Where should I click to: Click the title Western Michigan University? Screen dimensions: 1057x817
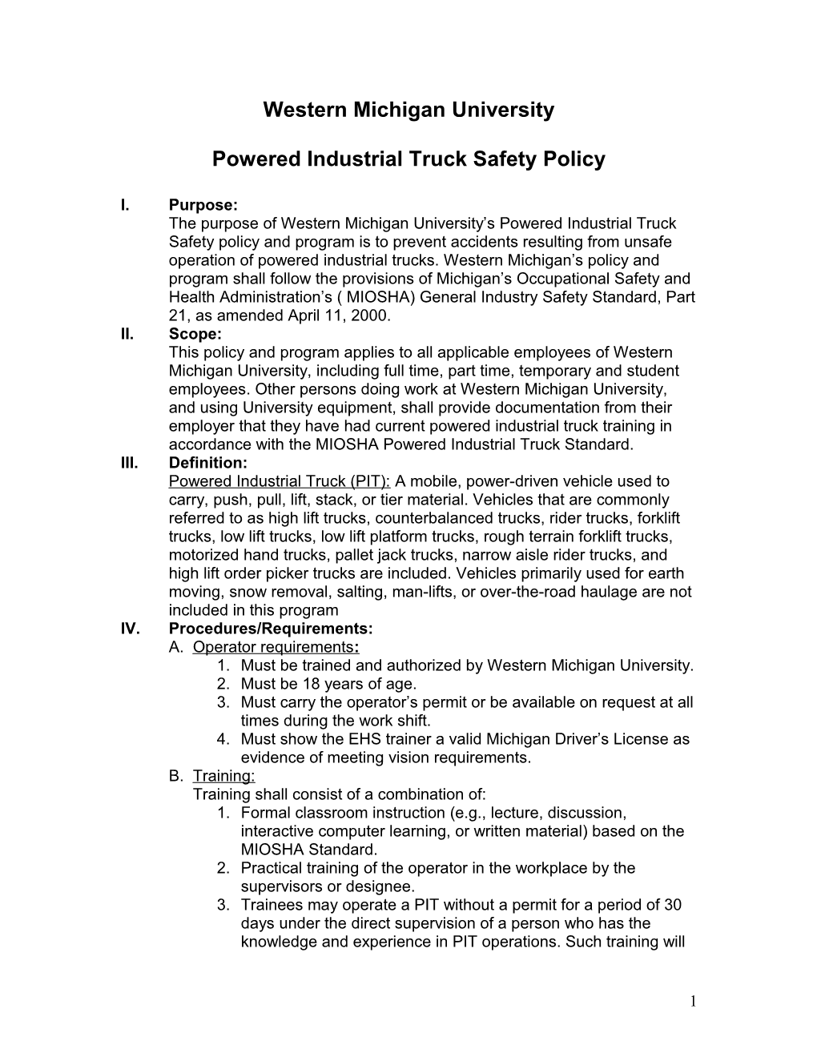(x=408, y=110)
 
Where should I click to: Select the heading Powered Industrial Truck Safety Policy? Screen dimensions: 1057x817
(x=408, y=159)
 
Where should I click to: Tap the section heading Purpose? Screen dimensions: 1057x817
(x=203, y=205)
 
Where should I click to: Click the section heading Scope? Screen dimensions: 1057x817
(x=195, y=334)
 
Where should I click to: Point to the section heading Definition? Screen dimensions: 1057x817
(x=208, y=463)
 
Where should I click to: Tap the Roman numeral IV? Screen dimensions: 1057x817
(x=130, y=629)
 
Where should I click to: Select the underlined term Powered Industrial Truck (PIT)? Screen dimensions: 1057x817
(x=280, y=481)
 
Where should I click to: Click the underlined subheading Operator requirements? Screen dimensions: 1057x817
(x=273, y=647)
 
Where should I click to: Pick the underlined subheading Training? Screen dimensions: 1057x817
(x=223, y=776)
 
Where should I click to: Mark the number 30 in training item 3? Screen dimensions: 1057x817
(x=673, y=905)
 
